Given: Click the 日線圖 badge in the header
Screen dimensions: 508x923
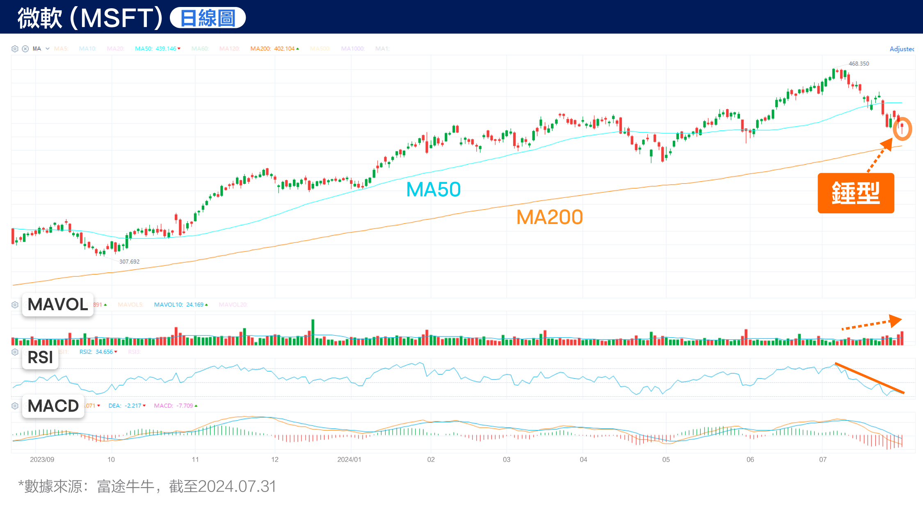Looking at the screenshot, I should [208, 18].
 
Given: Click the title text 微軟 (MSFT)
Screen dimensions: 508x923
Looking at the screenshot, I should [90, 18].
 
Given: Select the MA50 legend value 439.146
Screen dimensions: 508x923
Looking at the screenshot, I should [166, 48].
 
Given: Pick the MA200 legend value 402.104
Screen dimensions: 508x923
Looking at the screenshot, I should [284, 48].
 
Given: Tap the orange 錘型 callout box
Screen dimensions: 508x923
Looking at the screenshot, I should [856, 193].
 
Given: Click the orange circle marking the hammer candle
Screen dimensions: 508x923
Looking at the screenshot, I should [902, 129].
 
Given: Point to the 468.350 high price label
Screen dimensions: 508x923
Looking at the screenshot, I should [859, 64].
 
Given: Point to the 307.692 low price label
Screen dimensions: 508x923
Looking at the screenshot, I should [129, 261].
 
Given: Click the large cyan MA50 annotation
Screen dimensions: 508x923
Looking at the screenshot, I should [433, 190].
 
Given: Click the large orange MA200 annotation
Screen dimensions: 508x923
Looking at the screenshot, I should [549, 217].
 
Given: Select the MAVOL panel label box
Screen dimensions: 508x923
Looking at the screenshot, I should [58, 304].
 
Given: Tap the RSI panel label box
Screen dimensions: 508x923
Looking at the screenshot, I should [40, 357].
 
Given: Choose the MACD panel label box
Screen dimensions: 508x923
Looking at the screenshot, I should [53, 406].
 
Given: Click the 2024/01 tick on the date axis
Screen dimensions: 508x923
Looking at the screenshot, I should [349, 460].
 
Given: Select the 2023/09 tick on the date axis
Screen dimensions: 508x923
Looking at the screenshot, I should [42, 460].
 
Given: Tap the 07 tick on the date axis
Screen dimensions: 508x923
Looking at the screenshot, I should [822, 460].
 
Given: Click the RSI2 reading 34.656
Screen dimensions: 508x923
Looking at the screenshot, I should [104, 352].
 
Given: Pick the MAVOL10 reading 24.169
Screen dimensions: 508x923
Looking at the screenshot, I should [195, 304].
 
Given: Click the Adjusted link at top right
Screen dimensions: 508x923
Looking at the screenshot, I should [902, 49].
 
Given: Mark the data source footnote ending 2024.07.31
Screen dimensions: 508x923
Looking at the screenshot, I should [147, 486].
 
